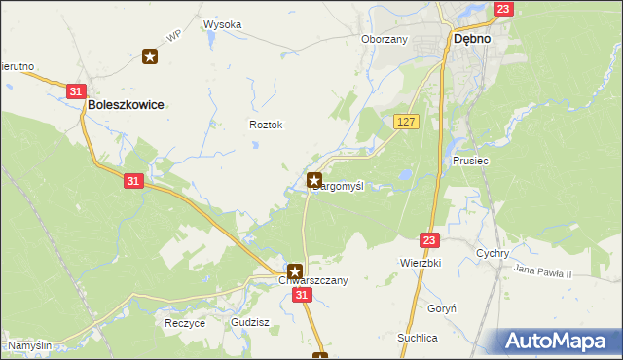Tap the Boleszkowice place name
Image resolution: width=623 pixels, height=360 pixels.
(125, 103)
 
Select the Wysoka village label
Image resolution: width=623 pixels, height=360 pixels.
(222, 24)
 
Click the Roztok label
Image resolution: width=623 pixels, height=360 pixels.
(266, 125)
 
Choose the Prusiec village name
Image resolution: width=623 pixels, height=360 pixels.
(470, 160)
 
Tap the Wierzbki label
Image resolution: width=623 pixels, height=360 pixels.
(421, 263)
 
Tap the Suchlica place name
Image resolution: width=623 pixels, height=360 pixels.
(417, 337)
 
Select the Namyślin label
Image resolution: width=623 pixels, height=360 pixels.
(30, 345)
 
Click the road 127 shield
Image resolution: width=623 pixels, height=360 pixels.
(407, 121)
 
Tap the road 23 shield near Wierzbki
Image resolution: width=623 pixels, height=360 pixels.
(430, 238)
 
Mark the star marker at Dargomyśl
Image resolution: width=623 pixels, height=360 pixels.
(314, 180)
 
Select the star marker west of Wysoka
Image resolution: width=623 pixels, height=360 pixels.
(150, 56)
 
